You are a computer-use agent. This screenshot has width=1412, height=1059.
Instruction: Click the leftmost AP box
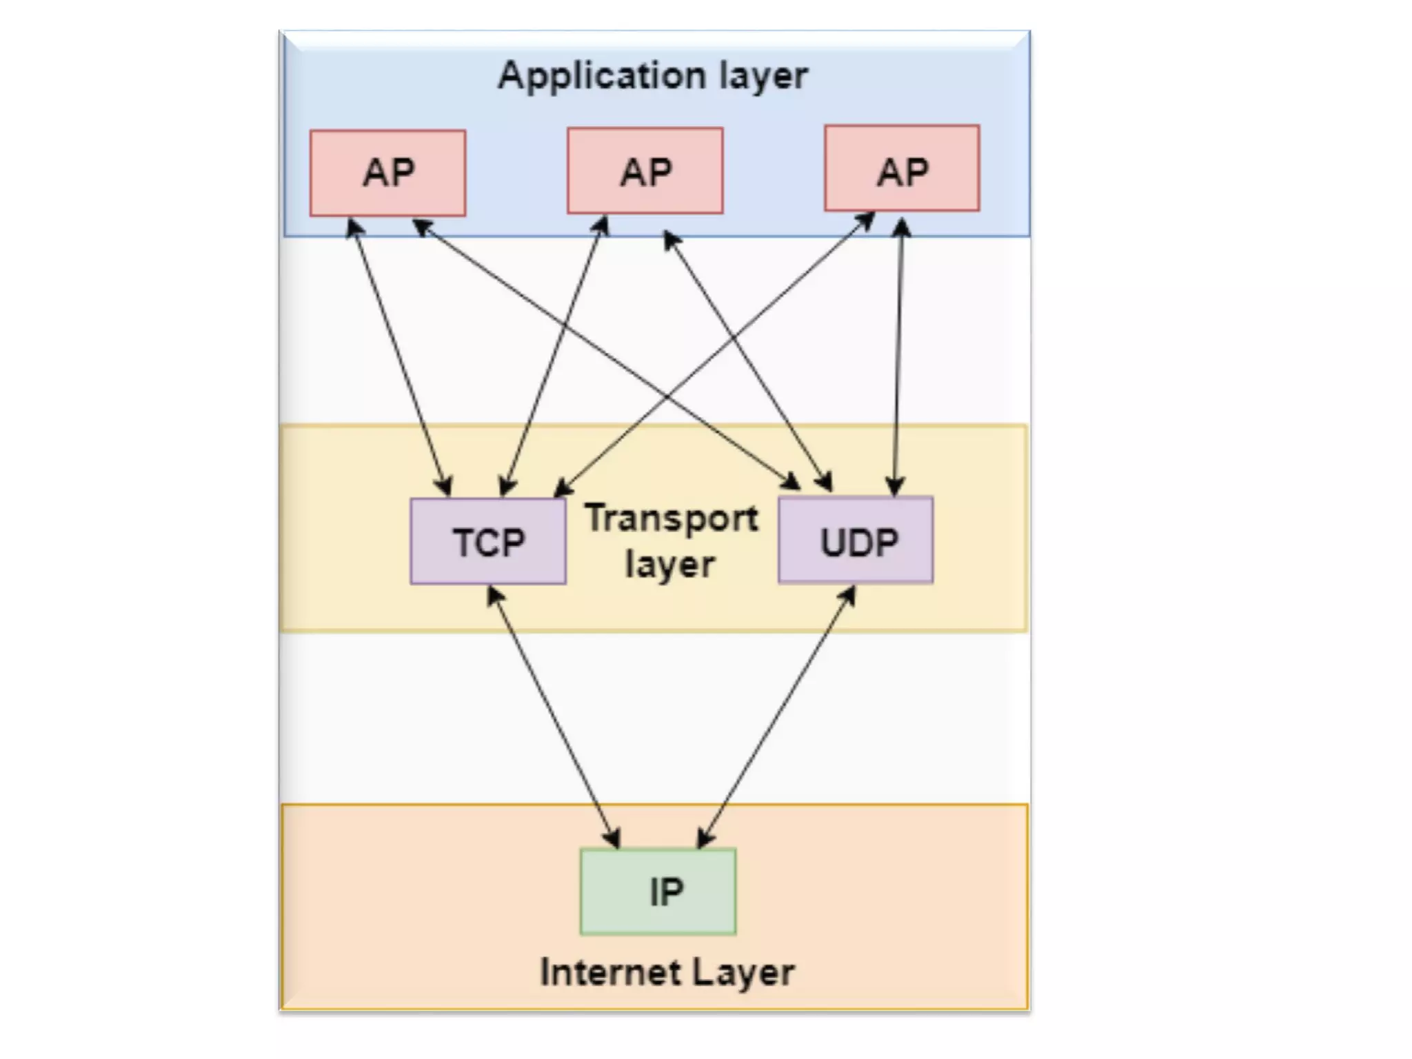click(x=387, y=173)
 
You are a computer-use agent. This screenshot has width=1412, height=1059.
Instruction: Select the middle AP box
click(x=645, y=171)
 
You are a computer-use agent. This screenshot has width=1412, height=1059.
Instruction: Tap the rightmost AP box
click(x=902, y=168)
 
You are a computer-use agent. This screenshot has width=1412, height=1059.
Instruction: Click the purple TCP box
click(x=488, y=542)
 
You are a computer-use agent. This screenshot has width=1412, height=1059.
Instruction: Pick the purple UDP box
click(x=856, y=541)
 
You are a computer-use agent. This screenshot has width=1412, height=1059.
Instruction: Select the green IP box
click(x=658, y=891)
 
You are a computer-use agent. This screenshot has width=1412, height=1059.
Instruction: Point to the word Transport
click(x=672, y=518)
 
